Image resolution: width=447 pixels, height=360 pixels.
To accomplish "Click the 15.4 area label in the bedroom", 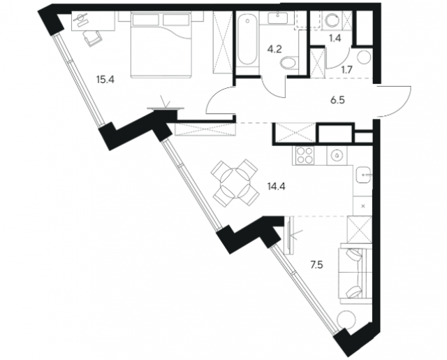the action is pos(105,80).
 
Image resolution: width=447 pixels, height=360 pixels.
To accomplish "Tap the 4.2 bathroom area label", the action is pos(274,49).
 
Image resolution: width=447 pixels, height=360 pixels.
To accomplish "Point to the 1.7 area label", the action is pos(347,69).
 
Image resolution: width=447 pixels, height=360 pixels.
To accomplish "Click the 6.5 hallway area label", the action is pos(338,100).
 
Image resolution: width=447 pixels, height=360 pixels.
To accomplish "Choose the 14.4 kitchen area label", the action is pos(277,187).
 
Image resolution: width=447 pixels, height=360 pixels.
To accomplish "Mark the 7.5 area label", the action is pos(316,265).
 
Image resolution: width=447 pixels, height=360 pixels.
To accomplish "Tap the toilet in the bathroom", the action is pos(288,63).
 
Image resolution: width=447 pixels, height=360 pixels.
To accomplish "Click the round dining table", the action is pos(235,182).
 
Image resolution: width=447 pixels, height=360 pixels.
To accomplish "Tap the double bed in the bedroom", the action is pos(161,45).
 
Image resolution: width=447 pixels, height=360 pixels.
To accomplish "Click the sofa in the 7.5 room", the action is pos(356,273).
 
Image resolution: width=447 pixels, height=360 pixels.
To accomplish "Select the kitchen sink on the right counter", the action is pos(363,175).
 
